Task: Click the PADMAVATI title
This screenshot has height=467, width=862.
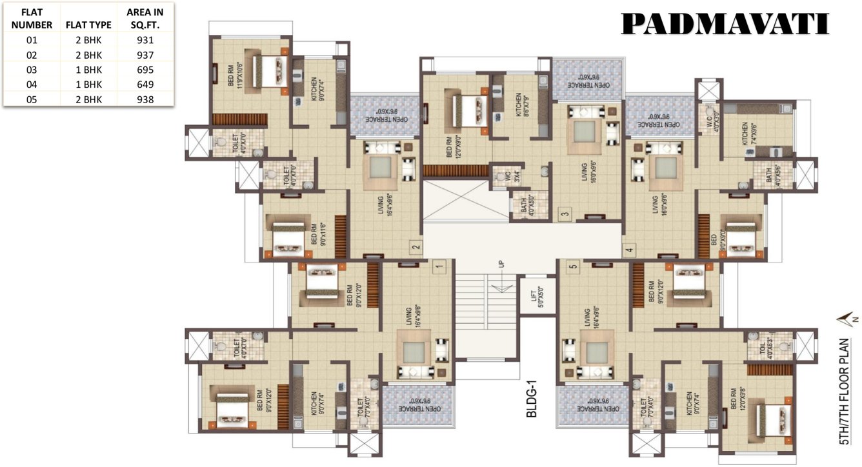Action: pos(725,24)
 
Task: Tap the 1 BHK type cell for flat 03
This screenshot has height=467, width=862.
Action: pos(88,69)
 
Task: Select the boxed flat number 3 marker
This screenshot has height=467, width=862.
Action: pos(564,214)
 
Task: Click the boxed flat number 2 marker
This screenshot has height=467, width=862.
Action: pos(416,246)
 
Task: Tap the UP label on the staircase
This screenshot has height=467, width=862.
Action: pos(501,264)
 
